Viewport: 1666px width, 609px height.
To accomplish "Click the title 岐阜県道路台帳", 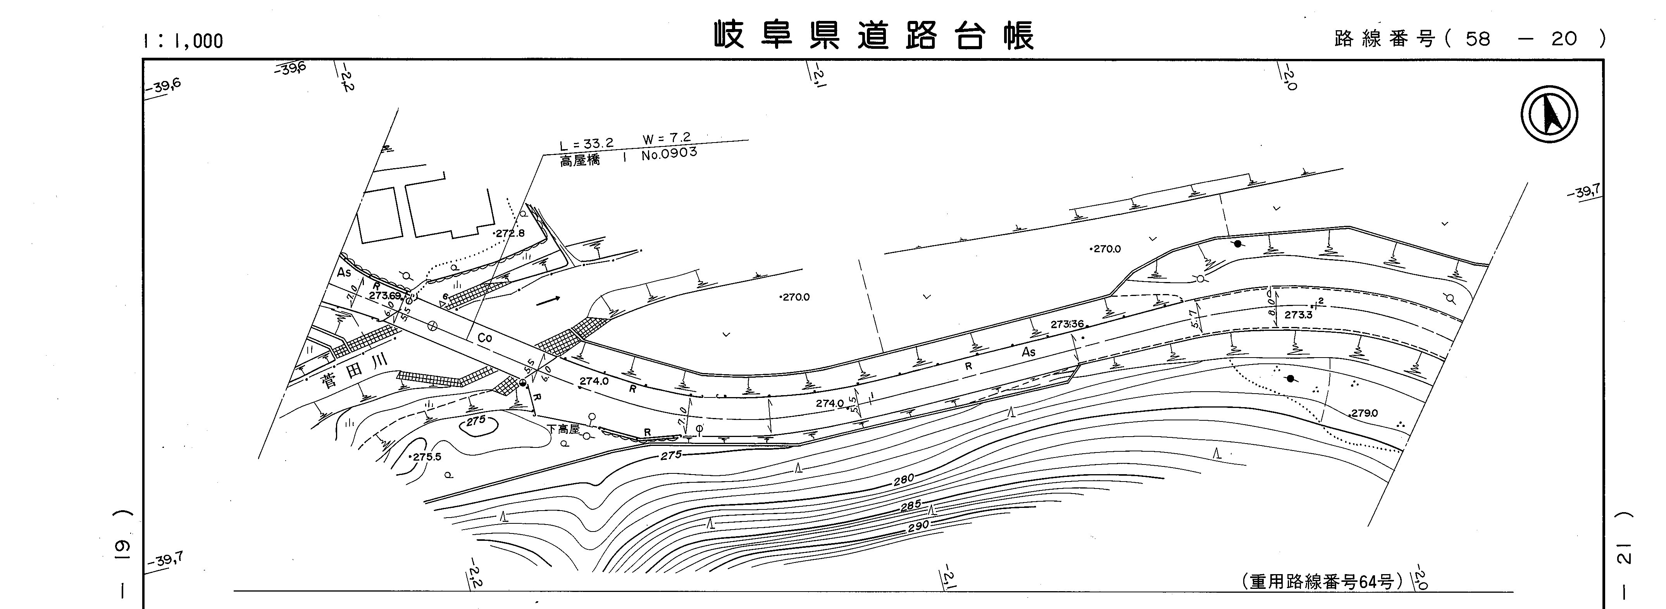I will point(874,36).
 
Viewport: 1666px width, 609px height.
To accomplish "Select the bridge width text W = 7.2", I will point(666,138).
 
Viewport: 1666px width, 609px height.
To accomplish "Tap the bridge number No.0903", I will point(669,154).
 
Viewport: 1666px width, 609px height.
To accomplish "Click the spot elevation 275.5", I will point(426,456).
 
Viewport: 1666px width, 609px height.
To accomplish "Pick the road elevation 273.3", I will point(1297,315).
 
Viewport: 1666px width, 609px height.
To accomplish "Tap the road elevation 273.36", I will point(1066,324).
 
